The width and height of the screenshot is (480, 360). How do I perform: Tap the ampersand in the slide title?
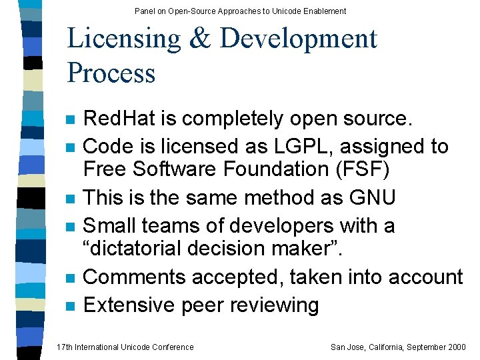tap(199, 39)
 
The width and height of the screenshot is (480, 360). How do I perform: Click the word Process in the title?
tap(111, 73)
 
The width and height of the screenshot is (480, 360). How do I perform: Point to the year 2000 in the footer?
tap(456, 347)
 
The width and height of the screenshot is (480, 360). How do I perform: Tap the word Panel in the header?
tap(144, 11)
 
